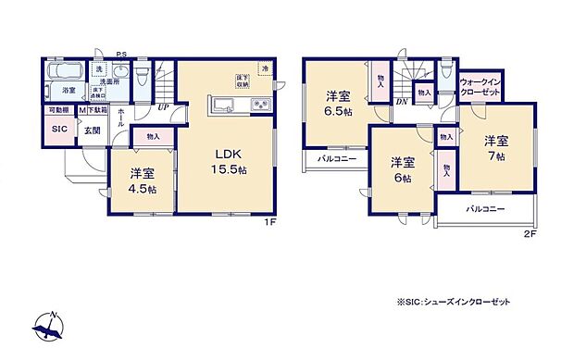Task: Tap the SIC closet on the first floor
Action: pos(58,130)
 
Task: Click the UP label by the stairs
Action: pos(163,106)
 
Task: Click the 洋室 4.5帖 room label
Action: pos(141,179)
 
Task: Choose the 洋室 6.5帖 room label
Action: pos(337,102)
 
